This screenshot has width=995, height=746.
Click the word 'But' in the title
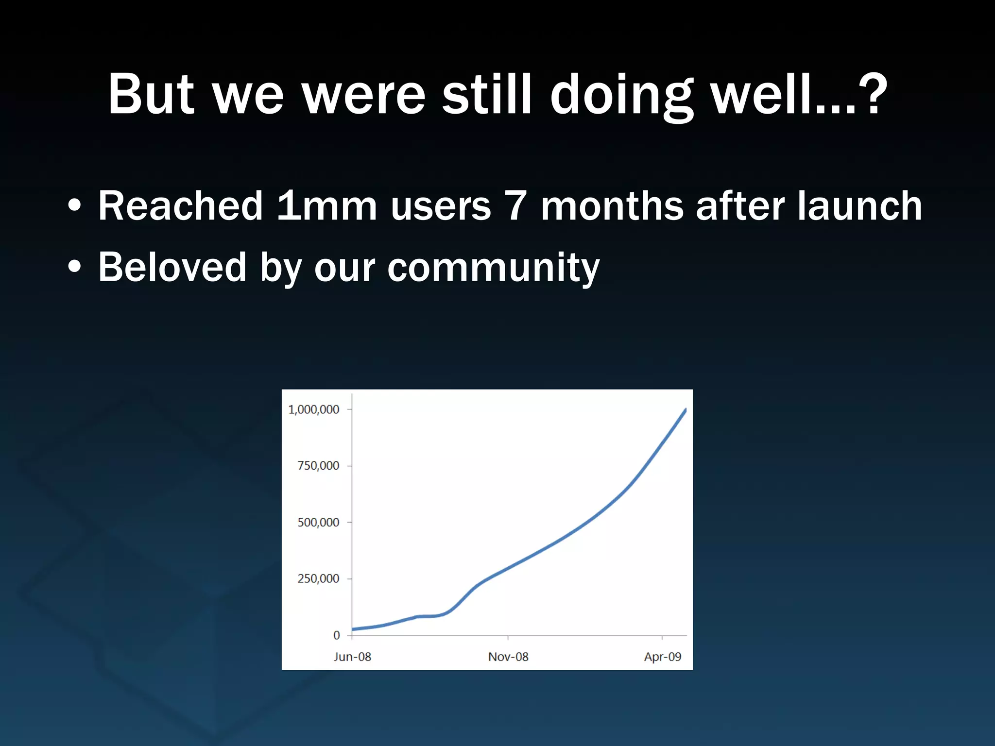(x=151, y=95)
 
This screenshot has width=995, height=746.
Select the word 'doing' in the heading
(x=622, y=95)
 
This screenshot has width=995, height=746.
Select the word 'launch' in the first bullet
(x=859, y=206)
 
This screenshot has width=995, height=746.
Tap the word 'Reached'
(x=180, y=206)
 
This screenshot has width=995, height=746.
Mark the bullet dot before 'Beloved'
(x=74, y=267)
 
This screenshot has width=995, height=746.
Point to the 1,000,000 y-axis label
(x=313, y=409)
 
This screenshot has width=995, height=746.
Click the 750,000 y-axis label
(x=318, y=466)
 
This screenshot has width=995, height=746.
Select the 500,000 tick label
(x=318, y=523)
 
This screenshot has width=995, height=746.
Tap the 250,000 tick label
(x=318, y=578)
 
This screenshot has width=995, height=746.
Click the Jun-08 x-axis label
(x=352, y=657)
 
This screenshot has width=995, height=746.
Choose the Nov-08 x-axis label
(x=508, y=657)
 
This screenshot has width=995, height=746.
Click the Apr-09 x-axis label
(x=663, y=657)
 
